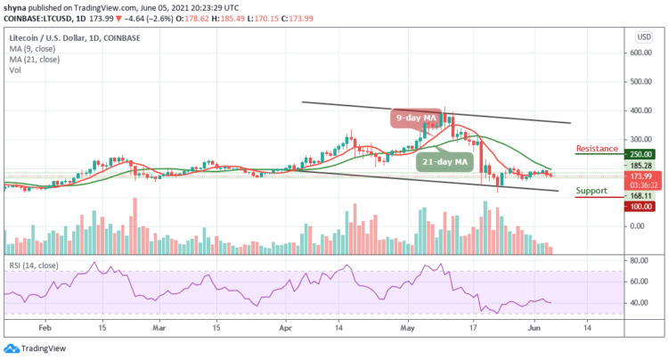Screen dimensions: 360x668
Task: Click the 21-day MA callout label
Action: tap(443, 161)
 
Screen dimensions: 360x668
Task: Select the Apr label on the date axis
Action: tap(284, 328)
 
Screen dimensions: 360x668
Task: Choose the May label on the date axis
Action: tap(409, 328)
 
